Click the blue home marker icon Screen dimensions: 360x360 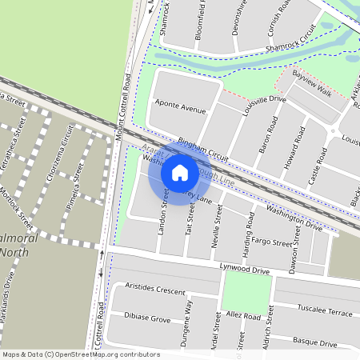coord(180,172)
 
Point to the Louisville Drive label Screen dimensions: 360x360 coord(264,105)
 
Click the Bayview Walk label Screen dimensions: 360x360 coord(311,82)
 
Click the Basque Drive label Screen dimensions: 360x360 coord(314,342)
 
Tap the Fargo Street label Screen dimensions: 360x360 coord(271,241)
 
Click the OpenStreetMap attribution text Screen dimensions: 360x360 coord(80,354)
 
